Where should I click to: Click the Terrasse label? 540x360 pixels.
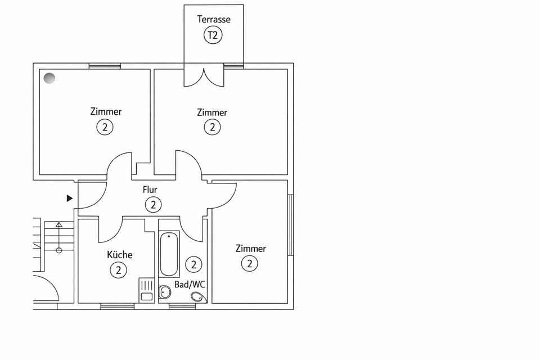213,19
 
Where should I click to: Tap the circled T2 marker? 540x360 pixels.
213,35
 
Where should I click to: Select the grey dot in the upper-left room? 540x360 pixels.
49,78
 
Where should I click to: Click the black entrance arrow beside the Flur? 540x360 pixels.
70,198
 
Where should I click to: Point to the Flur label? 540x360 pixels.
150,190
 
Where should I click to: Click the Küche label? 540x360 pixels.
120,255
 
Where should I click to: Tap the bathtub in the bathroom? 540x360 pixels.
169,254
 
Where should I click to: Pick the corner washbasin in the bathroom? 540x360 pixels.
197,296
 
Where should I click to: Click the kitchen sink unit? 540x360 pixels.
146,291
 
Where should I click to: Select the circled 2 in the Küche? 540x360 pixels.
118,270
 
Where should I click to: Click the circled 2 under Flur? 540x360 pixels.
152,205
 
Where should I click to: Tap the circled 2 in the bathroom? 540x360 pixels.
193,263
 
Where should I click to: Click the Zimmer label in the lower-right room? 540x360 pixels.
251,248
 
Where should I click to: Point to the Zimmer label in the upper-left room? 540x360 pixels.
106,111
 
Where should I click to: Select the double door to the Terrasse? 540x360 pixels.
204,77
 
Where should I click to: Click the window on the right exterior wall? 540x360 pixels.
291,225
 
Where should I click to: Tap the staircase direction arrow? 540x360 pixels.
58,236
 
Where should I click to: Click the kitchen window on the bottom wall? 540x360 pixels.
117,307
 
